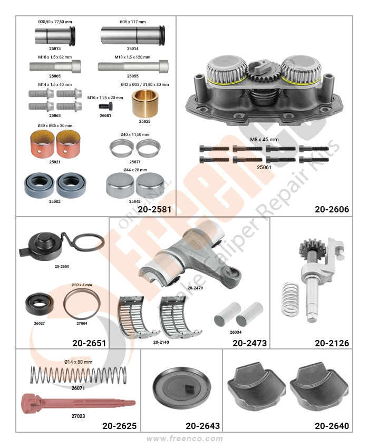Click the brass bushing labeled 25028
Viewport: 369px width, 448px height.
coord(144,103)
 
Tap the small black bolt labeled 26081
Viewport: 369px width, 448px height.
coord(105,106)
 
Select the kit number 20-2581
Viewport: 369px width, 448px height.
coord(154,209)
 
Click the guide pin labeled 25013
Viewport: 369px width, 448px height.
coord(55,36)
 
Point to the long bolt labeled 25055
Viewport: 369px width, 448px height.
coord(133,66)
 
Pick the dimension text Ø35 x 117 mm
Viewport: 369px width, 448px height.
coord(133,22)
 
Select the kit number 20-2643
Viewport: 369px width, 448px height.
coord(202,426)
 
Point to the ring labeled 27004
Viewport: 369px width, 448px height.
coord(82,304)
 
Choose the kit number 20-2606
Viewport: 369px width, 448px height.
coord(332,209)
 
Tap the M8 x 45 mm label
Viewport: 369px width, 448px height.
coord(264,140)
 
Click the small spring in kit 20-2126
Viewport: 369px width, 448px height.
coord(290,299)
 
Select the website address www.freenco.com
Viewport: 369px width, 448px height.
coord(184,439)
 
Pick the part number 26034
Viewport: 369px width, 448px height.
coord(236,332)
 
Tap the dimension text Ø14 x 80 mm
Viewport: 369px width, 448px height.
coord(79,362)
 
